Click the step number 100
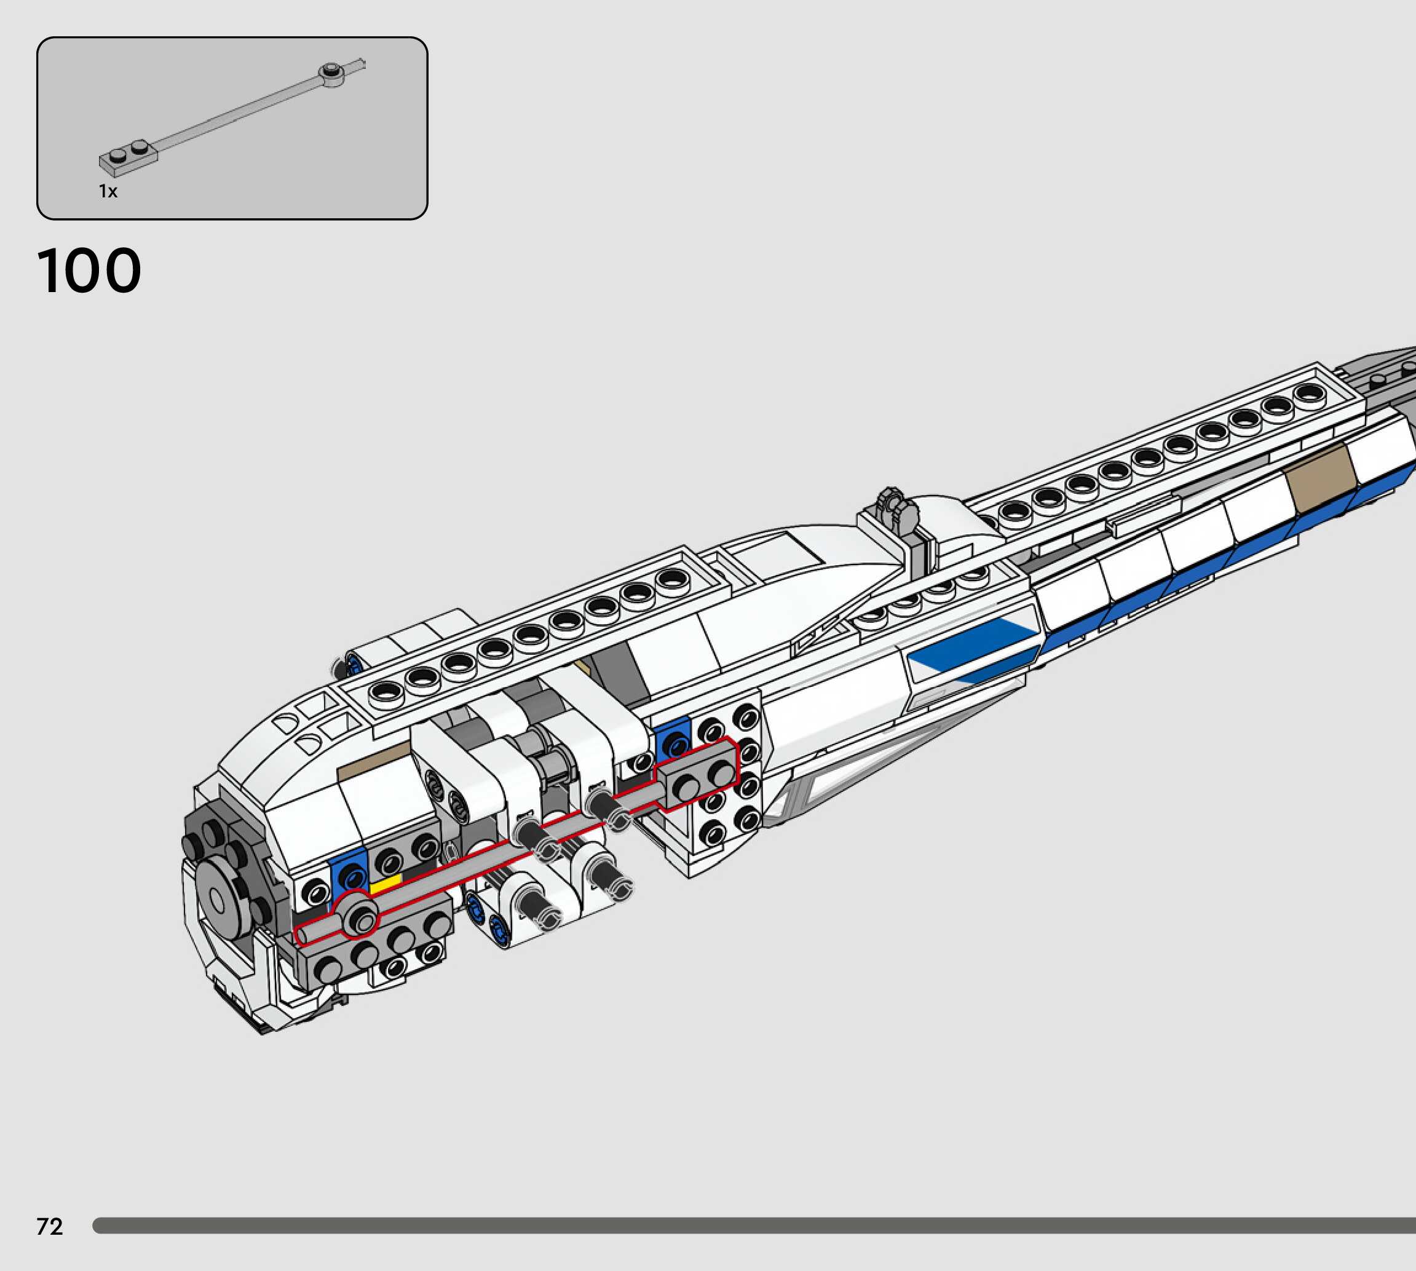89,271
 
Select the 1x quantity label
108,191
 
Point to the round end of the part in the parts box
331,73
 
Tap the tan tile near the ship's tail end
1322,478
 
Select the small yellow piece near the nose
385,884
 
